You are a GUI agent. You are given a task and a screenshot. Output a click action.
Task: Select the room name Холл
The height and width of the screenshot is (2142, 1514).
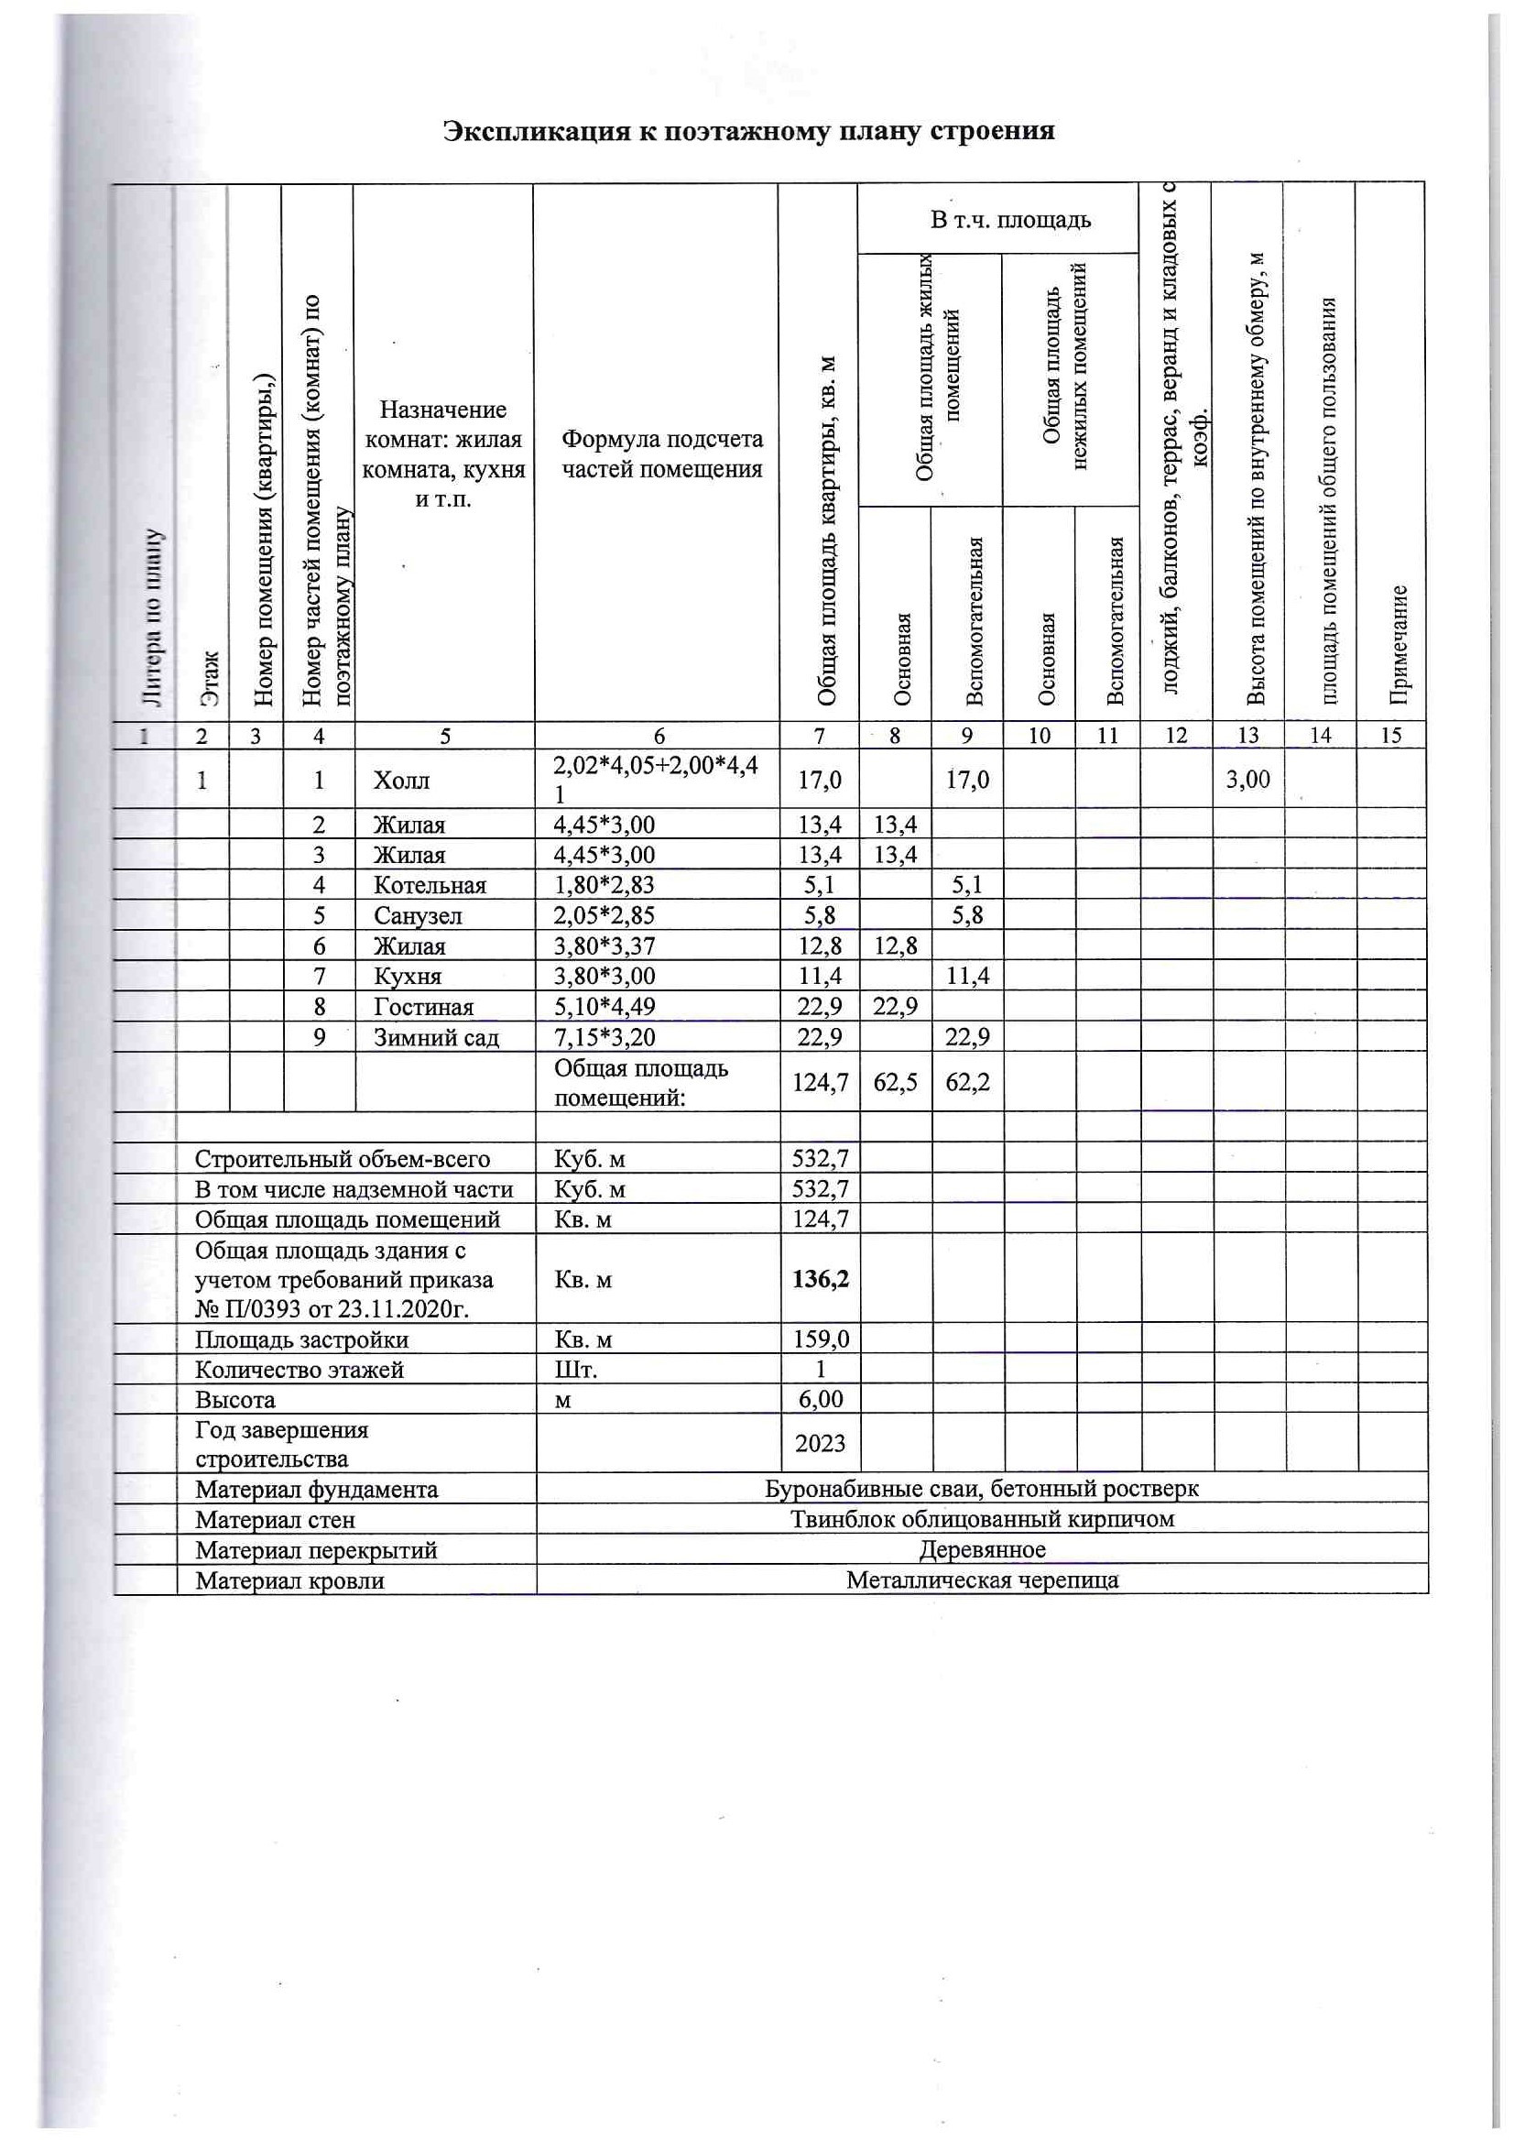[401, 780]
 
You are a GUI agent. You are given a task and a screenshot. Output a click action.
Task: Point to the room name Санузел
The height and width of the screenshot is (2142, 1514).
[418, 916]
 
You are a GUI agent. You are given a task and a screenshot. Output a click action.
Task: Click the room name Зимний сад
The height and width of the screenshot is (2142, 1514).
[436, 1037]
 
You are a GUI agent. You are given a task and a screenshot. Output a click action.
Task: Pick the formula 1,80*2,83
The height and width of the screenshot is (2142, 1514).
[604, 885]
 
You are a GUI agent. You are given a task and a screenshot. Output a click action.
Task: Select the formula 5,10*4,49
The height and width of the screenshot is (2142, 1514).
[605, 1007]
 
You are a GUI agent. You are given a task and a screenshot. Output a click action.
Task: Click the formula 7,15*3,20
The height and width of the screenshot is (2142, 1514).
[605, 1037]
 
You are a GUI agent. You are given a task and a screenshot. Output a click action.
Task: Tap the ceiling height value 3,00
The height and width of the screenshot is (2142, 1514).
[1247, 779]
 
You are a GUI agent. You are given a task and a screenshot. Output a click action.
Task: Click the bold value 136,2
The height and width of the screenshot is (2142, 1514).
[820, 1279]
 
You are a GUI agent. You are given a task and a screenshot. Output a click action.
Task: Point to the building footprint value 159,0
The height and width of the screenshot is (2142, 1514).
[820, 1339]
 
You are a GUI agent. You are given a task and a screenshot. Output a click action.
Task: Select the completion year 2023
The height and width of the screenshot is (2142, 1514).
[820, 1443]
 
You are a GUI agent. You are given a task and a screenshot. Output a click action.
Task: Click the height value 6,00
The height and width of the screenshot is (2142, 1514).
[820, 1400]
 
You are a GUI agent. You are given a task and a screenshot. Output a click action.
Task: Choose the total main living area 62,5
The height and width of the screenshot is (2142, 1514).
[896, 1082]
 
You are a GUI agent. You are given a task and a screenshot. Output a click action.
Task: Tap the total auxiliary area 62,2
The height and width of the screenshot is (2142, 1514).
[967, 1082]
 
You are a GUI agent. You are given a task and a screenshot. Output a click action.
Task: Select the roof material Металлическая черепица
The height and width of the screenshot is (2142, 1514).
[982, 1580]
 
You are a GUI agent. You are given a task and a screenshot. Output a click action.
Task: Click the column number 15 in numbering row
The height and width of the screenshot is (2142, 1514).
[1390, 735]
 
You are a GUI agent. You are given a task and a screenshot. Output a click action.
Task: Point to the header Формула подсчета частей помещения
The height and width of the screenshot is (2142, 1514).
[661, 454]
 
